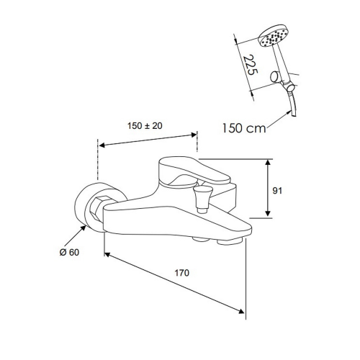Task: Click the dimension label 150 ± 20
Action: pos(145,126)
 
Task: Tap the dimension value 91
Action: pos(277,191)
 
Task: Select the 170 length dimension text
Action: pos(181,273)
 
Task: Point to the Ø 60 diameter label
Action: pos(69,252)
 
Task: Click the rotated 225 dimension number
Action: pos(251,65)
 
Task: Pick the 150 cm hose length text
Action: pos(244,128)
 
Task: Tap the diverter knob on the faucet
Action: pos(203,199)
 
